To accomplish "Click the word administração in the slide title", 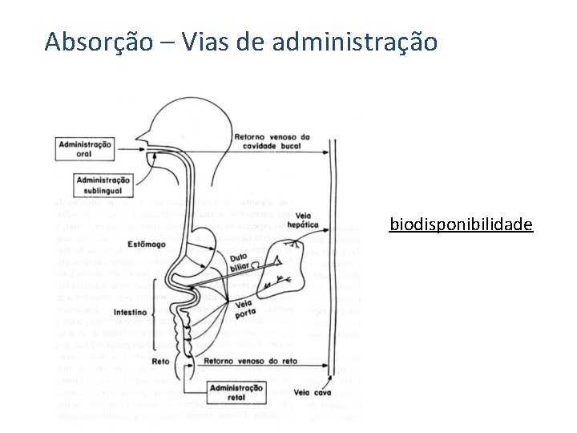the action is click(x=355, y=41).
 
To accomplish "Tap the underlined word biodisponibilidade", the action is click(x=461, y=224).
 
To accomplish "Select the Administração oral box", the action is click(x=83, y=148).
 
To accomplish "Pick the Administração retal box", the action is click(x=236, y=392).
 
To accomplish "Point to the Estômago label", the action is click(x=145, y=244).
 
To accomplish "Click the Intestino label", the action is click(x=131, y=311).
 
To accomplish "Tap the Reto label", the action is click(x=160, y=362).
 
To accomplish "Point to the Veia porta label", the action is click(x=245, y=308).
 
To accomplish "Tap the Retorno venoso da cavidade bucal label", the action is click(x=272, y=141).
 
